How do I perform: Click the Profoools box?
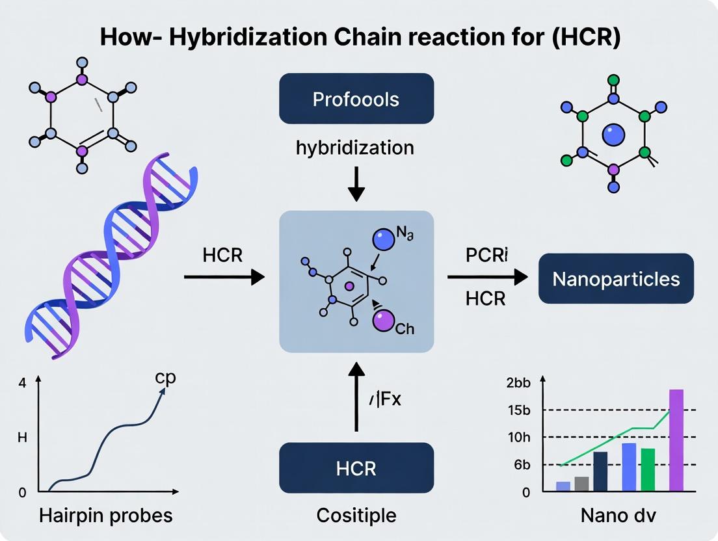(x=356, y=98)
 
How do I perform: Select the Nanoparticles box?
(x=616, y=279)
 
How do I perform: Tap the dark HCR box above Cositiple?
(x=356, y=468)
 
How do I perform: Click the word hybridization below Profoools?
(x=354, y=148)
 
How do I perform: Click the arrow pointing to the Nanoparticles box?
(x=487, y=278)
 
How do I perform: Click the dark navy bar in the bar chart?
(x=600, y=471)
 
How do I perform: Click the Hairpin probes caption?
(x=105, y=516)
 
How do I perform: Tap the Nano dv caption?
(x=618, y=516)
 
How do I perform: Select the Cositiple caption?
(x=356, y=516)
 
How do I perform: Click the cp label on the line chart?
(x=165, y=378)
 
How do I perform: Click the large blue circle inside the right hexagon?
(x=613, y=135)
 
